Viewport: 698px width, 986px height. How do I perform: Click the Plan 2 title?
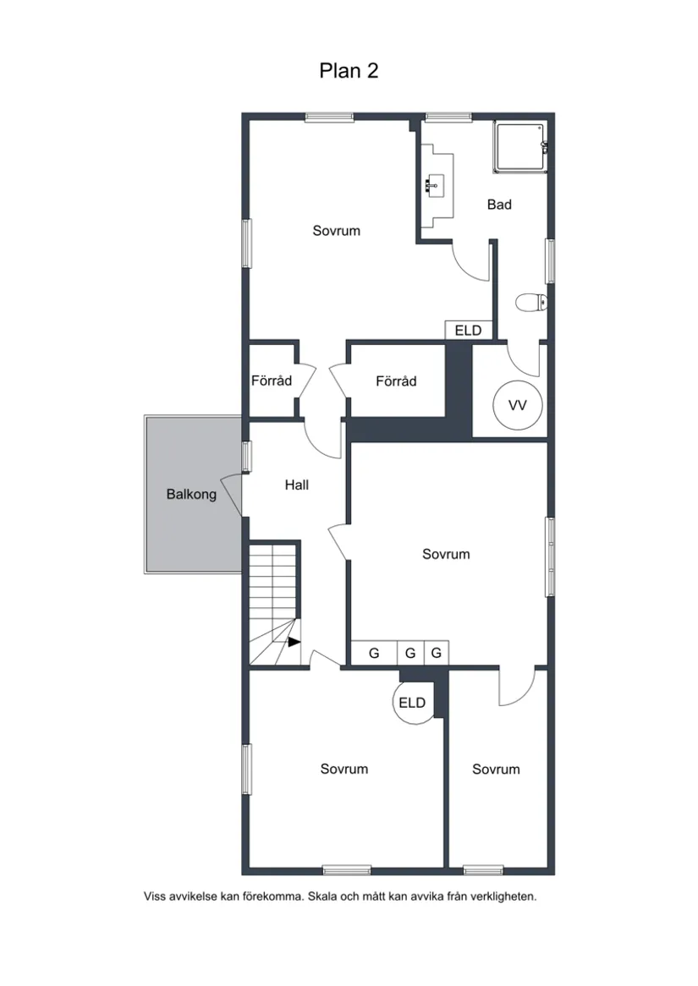click(x=349, y=70)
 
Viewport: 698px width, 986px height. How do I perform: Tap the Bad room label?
click(x=499, y=205)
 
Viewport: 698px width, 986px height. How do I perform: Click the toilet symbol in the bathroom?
click(x=531, y=303)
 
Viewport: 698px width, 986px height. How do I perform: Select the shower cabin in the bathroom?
click(x=519, y=147)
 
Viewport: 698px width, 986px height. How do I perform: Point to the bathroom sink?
click(x=431, y=186)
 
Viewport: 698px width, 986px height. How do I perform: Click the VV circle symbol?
click(x=517, y=406)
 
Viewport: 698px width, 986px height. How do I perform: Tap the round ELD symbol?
click(x=413, y=703)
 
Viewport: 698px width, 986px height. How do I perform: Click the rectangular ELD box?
click(x=468, y=330)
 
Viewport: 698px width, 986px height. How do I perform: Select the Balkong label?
click(x=191, y=494)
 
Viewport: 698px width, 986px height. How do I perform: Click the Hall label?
click(x=296, y=485)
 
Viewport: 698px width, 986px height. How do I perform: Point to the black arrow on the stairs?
click(x=294, y=642)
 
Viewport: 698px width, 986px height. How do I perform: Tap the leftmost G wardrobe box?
click(x=374, y=653)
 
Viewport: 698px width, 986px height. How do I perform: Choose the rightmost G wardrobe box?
click(x=437, y=653)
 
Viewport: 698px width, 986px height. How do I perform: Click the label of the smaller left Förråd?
click(x=272, y=381)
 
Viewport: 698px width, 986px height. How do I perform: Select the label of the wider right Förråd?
click(x=396, y=381)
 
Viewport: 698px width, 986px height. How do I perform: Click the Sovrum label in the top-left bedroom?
click(x=337, y=231)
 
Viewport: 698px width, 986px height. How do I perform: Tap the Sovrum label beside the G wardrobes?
click(x=446, y=554)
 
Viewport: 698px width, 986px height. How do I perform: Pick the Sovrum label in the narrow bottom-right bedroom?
click(x=496, y=769)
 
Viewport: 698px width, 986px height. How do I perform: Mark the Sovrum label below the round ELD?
click(x=344, y=769)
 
